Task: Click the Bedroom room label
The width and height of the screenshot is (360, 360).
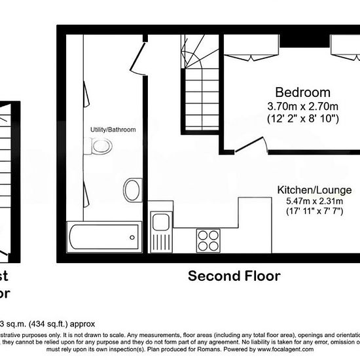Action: (302, 92)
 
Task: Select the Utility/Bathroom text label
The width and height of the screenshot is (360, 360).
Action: (113, 130)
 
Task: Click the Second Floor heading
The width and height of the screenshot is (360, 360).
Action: (234, 276)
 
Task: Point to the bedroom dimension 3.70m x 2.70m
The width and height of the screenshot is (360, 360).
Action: (302, 107)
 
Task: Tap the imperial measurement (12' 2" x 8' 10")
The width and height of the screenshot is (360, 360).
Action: (302, 119)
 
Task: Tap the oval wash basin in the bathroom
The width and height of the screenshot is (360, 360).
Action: (131, 189)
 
